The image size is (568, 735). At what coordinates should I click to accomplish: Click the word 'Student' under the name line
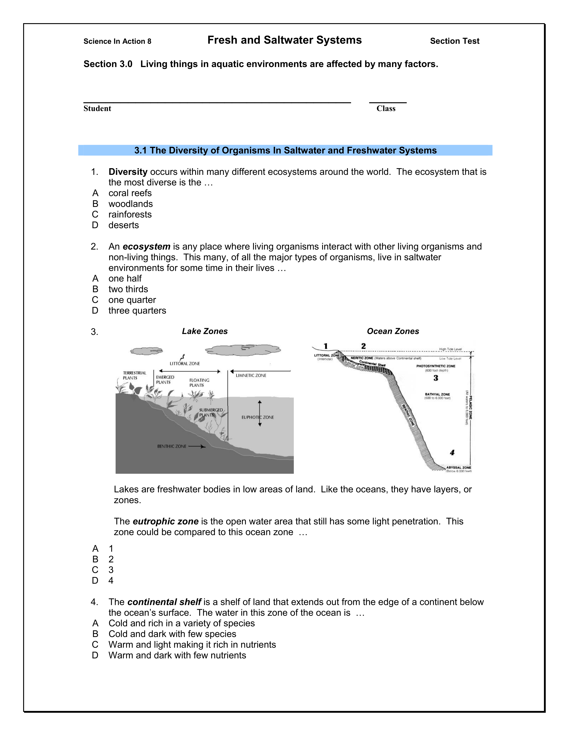[97, 108]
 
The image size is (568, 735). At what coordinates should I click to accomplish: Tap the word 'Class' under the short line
[386, 108]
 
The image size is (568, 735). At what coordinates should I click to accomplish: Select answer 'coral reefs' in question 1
[130, 193]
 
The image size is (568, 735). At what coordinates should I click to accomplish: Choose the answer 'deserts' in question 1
[123, 225]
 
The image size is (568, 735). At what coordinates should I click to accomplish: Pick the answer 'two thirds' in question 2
[128, 289]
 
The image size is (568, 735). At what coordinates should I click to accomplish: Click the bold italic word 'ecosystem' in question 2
[146, 247]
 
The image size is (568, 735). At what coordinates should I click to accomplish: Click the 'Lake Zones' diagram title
[204, 331]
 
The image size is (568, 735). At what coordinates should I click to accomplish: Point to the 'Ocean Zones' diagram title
[393, 331]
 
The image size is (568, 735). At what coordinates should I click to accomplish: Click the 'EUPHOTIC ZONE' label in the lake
[257, 417]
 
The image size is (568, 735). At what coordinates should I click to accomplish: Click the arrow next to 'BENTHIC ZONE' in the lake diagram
[197, 447]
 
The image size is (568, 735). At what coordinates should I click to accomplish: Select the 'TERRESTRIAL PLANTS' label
[134, 375]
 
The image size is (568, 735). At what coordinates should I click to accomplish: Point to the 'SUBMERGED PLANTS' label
[211, 412]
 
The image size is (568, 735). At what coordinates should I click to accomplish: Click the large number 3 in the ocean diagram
[436, 378]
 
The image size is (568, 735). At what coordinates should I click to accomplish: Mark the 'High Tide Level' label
[450, 349]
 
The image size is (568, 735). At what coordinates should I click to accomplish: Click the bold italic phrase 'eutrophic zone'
[165, 521]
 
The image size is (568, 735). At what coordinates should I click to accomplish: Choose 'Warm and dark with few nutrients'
[177, 655]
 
